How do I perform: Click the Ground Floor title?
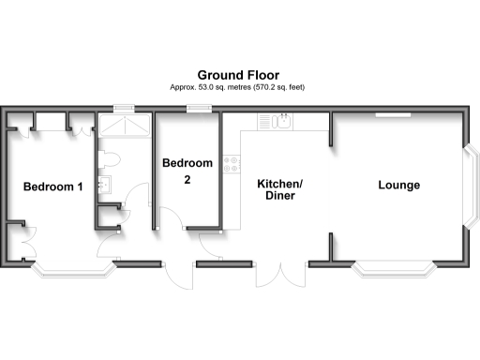tap(238, 74)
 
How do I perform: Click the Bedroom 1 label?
tap(53, 187)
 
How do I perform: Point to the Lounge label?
tap(398, 185)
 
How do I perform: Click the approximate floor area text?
tap(238, 87)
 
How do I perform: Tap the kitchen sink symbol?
tap(278, 121)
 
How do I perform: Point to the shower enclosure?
tap(125, 128)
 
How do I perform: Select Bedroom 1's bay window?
tap(72, 272)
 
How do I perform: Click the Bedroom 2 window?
tap(198, 109)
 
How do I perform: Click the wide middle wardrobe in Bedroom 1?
tap(51, 122)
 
